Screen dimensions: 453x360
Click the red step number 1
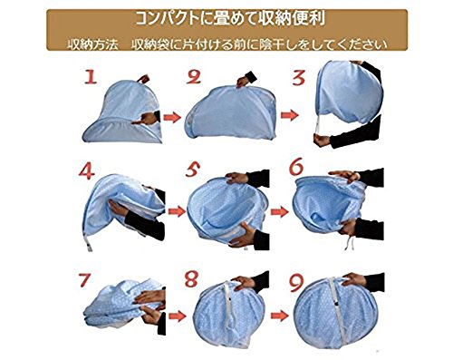[x=91, y=76]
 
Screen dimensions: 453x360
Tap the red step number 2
[x=193, y=77]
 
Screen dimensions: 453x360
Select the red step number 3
[x=298, y=77]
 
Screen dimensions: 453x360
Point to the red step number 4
[x=86, y=171]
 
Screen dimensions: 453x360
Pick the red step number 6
[x=296, y=167]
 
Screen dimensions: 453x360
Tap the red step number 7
[x=84, y=280]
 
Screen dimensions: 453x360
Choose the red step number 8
[x=191, y=278]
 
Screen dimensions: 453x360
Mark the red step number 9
[x=296, y=282]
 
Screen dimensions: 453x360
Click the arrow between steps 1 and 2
[x=172, y=117]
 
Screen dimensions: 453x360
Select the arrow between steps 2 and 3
[x=289, y=115]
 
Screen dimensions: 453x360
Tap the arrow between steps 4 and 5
[x=177, y=211]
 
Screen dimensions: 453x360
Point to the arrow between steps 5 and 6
[x=280, y=211]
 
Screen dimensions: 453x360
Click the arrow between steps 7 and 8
[x=178, y=316]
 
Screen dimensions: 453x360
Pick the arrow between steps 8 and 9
[x=280, y=316]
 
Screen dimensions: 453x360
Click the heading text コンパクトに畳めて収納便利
[x=229, y=19]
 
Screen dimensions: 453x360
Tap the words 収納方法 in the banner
[x=92, y=44]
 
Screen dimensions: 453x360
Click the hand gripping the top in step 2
[x=246, y=80]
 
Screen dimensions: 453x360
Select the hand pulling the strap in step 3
[x=322, y=141]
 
